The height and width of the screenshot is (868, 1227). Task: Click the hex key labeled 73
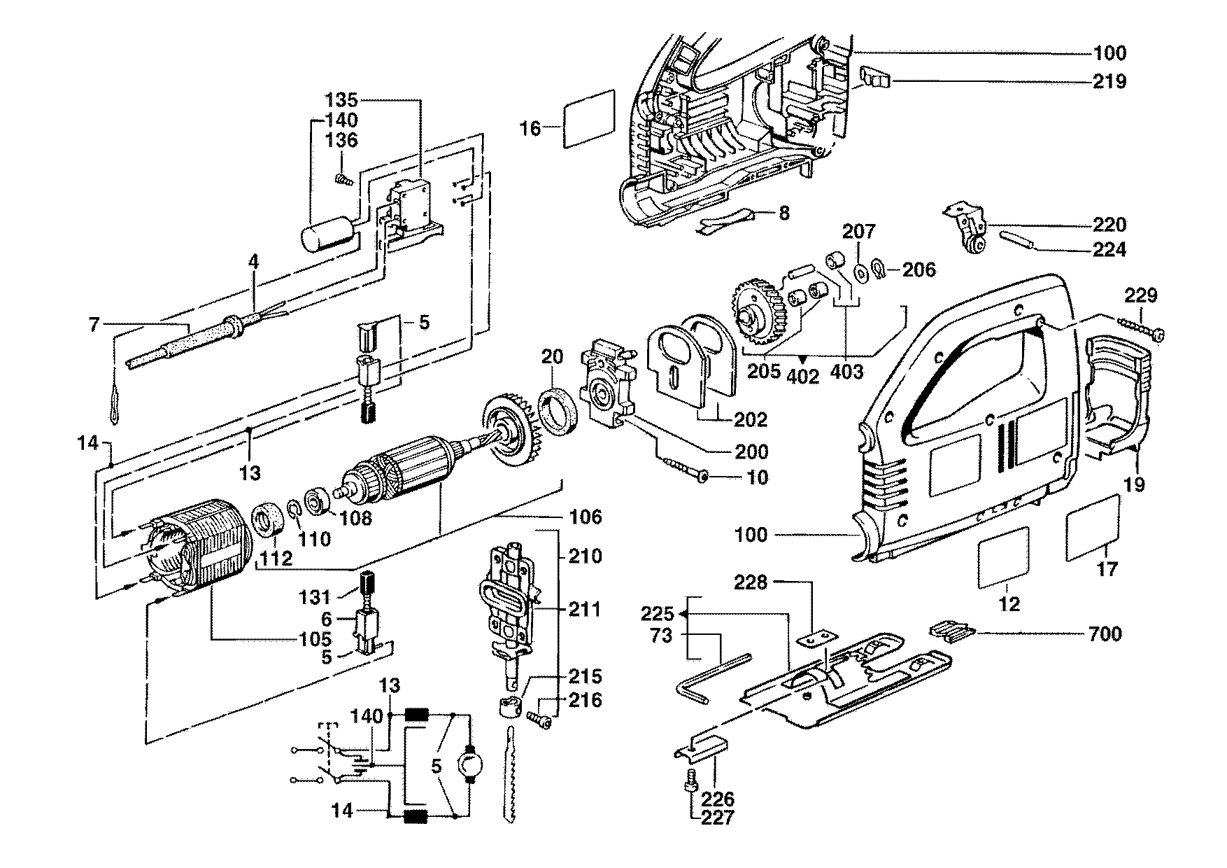[707, 675]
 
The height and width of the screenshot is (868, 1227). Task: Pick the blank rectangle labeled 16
[589, 118]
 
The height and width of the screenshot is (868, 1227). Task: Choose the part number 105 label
[312, 639]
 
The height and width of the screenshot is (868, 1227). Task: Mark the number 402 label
[802, 376]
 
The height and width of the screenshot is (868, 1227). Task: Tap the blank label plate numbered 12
[1002, 558]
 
